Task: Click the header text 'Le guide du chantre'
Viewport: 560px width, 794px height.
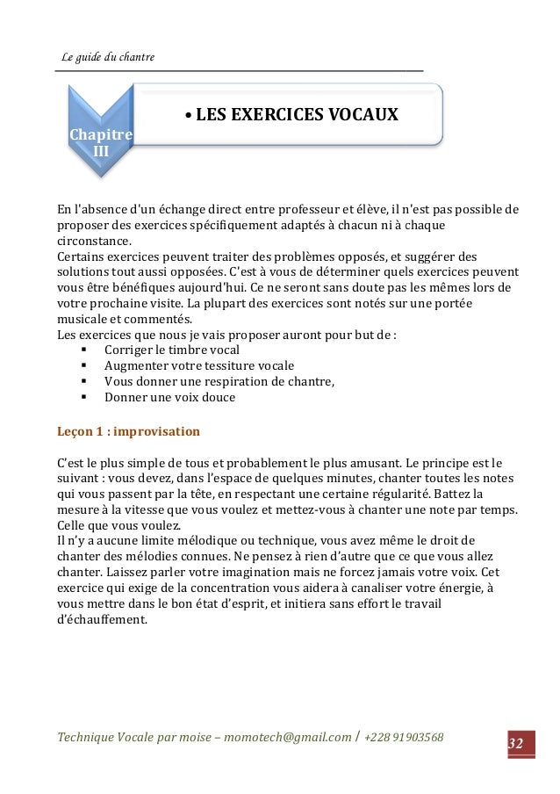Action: click(x=107, y=58)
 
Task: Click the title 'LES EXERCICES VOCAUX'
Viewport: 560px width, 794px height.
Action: click(x=296, y=116)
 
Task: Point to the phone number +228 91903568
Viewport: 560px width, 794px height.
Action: click(x=406, y=735)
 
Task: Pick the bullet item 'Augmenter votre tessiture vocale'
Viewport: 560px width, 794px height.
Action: click(x=199, y=365)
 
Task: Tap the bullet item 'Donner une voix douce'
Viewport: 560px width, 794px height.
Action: click(x=169, y=397)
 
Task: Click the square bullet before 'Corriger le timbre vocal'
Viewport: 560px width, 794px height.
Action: click(x=83, y=350)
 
